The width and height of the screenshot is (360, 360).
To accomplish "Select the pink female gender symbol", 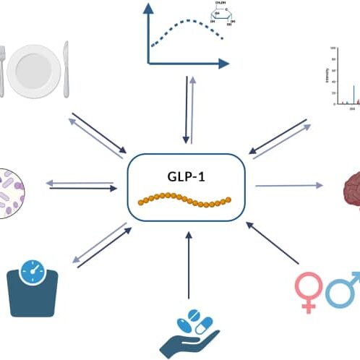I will point(309,289).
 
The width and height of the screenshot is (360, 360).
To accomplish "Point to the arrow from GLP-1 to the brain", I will point(289,186).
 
